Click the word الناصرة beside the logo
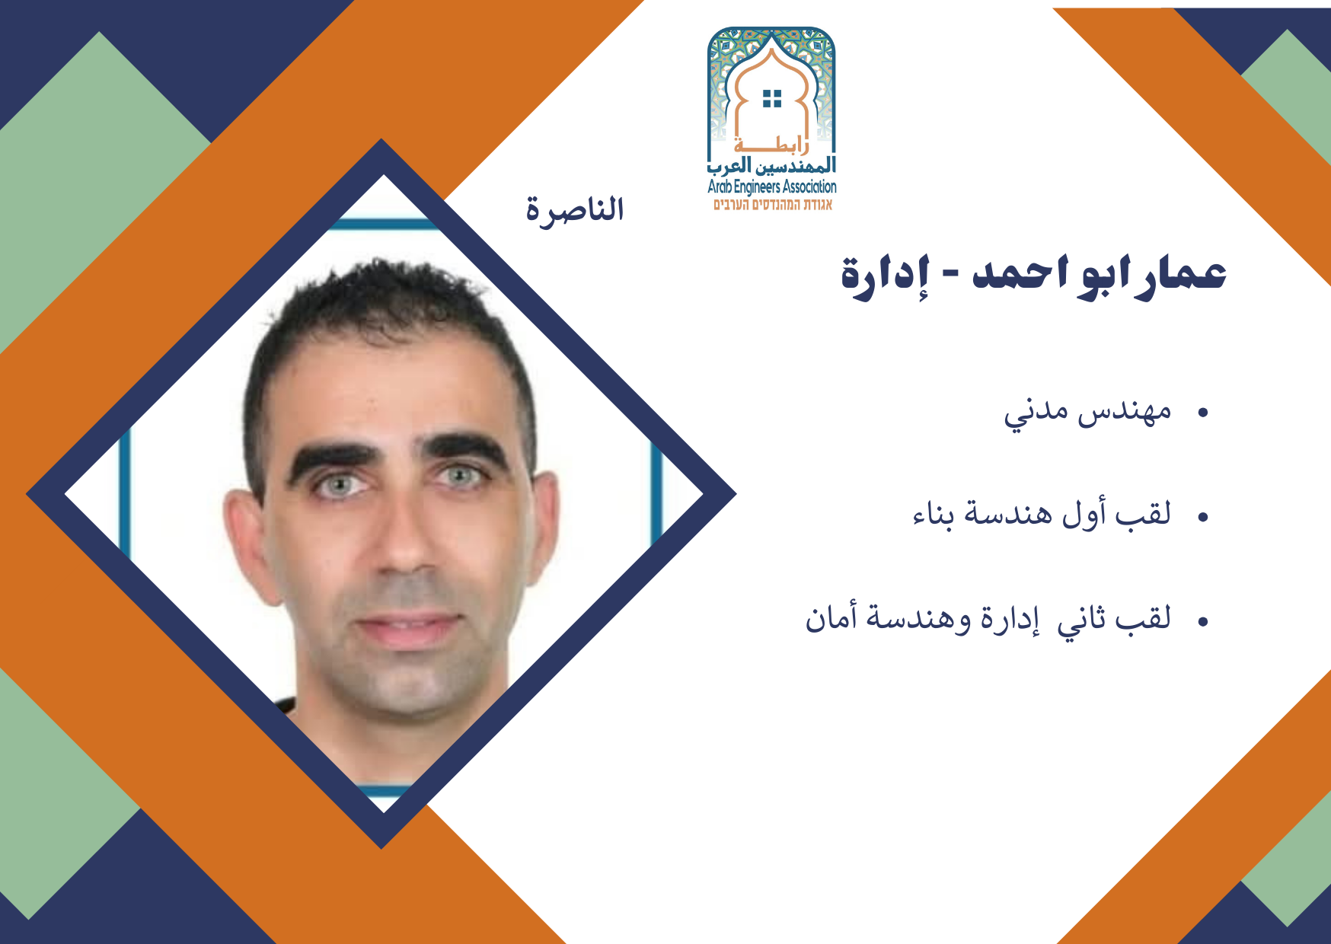[x=575, y=209]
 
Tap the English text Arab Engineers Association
[x=772, y=187]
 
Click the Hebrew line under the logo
[x=773, y=204]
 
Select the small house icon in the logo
[x=772, y=98]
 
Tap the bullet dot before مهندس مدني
[x=1203, y=413]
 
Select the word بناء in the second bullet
[x=934, y=515]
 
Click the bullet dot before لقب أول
[x=1203, y=518]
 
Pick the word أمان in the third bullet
[x=828, y=617]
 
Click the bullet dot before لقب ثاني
[x=1203, y=622]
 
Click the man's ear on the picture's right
[x=544, y=525]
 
